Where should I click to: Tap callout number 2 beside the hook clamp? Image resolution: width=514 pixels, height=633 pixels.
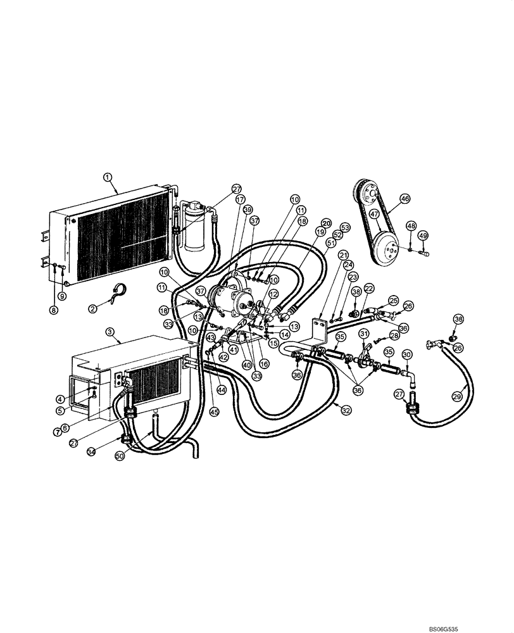(x=92, y=308)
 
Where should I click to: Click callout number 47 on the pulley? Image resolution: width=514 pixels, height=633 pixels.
(x=374, y=214)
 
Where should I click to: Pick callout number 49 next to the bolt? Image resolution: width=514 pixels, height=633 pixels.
(x=423, y=235)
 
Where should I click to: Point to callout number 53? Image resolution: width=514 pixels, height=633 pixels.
(x=345, y=227)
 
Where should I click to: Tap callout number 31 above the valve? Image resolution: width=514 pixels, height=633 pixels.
(x=364, y=334)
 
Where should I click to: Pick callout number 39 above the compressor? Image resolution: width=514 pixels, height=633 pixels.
(x=246, y=210)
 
